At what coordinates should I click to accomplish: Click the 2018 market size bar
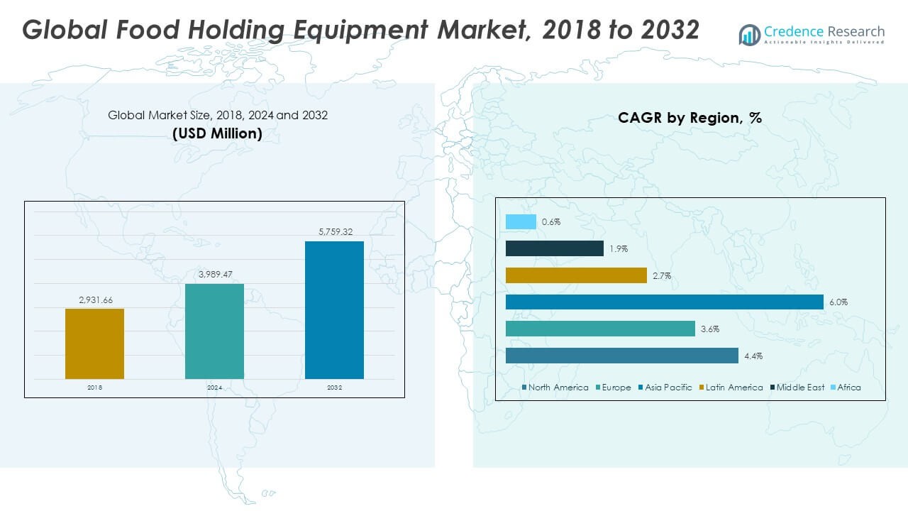94,344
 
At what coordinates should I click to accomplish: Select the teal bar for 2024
214,331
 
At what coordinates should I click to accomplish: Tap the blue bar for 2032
334,310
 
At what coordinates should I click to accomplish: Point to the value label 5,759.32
334,232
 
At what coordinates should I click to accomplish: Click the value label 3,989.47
214,275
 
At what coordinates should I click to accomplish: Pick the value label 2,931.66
95,300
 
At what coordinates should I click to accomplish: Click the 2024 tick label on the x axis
214,388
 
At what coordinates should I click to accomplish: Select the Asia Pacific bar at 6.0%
665,302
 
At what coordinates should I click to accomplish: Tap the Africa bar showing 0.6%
521,221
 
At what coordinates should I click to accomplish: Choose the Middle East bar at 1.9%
554,248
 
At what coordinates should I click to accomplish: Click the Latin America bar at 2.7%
576,275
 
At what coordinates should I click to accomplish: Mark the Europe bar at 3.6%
600,329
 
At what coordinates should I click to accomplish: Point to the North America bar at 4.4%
622,356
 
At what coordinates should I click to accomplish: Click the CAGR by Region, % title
690,118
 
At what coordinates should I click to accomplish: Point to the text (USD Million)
217,133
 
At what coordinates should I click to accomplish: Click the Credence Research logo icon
749,34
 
